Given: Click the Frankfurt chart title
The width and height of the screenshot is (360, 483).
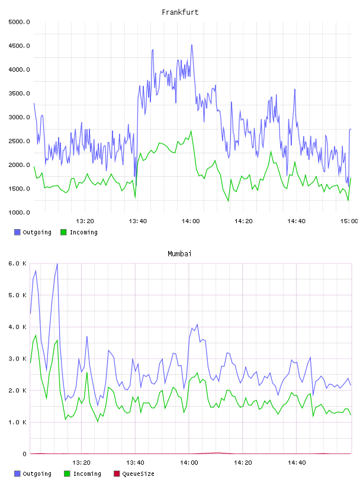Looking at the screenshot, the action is pyautogui.click(x=180, y=12).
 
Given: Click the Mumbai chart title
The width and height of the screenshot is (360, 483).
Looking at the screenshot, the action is pyautogui.click(x=179, y=253).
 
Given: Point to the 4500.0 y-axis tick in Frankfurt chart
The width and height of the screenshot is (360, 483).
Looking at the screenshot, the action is pyautogui.click(x=19, y=46).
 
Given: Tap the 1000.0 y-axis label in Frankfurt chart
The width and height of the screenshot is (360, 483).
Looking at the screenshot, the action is pyautogui.click(x=19, y=212).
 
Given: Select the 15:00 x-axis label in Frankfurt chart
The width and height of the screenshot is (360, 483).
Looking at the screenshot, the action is pyautogui.click(x=349, y=221).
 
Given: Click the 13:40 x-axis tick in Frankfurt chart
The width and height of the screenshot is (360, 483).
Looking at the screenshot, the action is pyautogui.click(x=138, y=221).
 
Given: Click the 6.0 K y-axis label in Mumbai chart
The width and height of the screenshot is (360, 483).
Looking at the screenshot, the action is pyautogui.click(x=17, y=263).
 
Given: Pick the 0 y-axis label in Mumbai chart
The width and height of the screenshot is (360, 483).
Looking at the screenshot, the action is pyautogui.click(x=24, y=454).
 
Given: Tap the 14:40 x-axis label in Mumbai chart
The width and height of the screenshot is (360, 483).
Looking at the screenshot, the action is pyautogui.click(x=297, y=462).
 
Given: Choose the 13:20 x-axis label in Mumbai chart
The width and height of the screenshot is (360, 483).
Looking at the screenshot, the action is pyautogui.click(x=81, y=462).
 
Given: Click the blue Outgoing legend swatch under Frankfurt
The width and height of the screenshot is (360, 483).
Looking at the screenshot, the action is pyautogui.click(x=17, y=232).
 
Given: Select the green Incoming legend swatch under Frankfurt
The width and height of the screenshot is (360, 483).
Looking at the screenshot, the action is pyautogui.click(x=63, y=232).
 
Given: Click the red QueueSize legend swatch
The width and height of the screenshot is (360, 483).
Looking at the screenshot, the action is pyautogui.click(x=117, y=474).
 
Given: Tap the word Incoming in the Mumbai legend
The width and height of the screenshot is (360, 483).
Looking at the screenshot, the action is pyautogui.click(x=87, y=474).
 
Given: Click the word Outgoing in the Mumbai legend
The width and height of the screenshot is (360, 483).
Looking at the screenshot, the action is pyautogui.click(x=37, y=474).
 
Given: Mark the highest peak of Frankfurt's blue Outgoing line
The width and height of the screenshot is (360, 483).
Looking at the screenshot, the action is pyautogui.click(x=192, y=44).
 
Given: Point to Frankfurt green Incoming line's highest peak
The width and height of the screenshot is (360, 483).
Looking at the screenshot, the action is pyautogui.click(x=191, y=131).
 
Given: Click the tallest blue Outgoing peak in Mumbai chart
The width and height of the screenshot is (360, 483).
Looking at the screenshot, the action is pyautogui.click(x=57, y=263).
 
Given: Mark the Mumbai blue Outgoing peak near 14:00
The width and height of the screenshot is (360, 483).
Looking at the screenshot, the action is pyautogui.click(x=197, y=324).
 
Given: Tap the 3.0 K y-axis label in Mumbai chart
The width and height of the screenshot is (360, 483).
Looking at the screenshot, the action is pyautogui.click(x=17, y=359).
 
